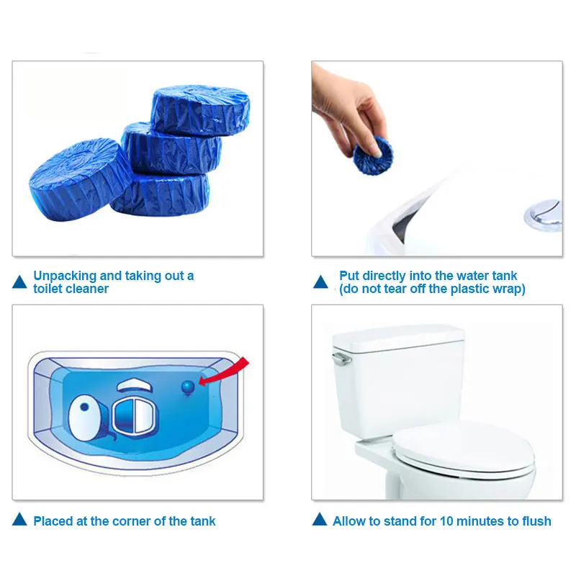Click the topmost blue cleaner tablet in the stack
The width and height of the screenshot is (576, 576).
point(200,110)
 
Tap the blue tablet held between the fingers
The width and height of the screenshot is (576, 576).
point(372,155)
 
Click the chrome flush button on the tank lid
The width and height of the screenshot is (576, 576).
point(543,215)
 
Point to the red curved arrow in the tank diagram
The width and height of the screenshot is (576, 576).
point(224,372)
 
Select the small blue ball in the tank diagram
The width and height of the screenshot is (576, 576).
point(188,387)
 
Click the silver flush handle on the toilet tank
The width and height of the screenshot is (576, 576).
point(341,359)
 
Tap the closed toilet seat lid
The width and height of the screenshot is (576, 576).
point(464,449)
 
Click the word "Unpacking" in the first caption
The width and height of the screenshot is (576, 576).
point(65,276)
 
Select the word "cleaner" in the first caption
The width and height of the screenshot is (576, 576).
point(86,289)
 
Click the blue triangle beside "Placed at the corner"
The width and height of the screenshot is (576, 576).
point(19,519)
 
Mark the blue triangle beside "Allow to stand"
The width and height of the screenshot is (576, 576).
point(320,519)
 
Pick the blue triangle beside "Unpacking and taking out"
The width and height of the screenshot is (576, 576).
point(19,282)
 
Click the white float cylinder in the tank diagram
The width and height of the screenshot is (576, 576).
point(85,418)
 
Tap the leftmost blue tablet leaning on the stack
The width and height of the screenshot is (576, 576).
point(79,179)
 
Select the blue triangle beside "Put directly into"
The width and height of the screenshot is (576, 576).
point(320,282)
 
